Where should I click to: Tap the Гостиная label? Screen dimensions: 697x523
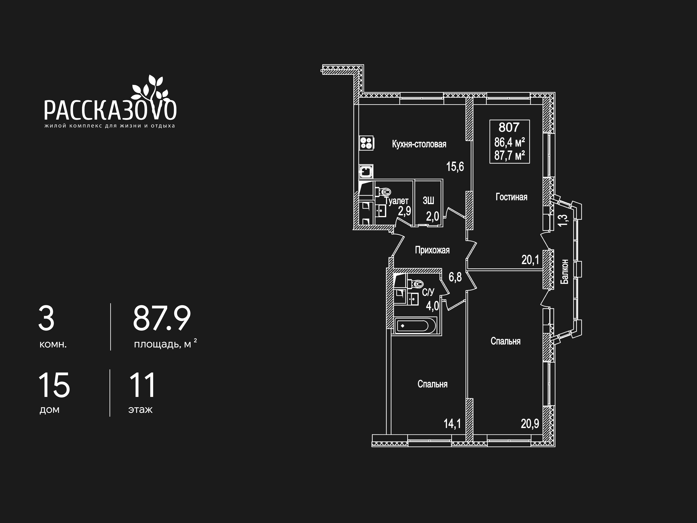tap(511, 197)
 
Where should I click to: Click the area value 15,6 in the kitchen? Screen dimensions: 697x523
tap(455, 166)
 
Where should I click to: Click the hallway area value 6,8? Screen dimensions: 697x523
tap(455, 277)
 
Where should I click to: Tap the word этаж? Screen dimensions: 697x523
tap(141, 410)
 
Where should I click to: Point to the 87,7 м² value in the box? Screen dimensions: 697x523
tap(510, 155)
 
